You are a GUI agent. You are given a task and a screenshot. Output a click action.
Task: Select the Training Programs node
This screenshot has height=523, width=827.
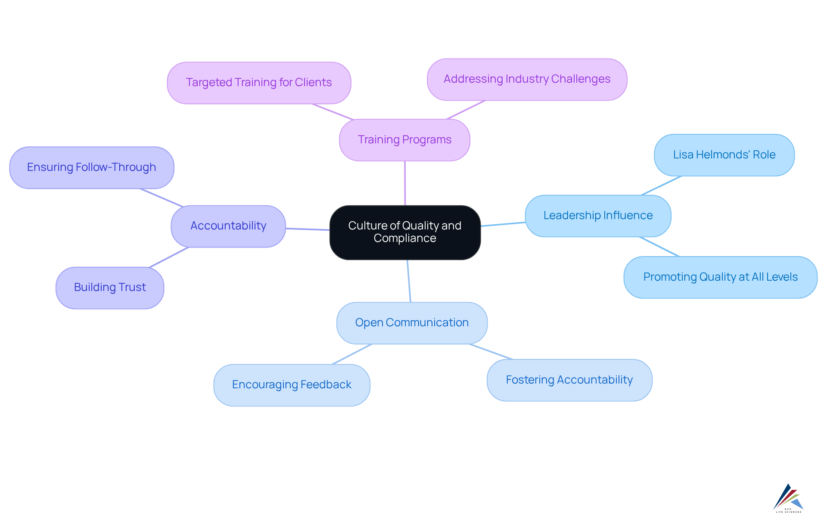pos(404,140)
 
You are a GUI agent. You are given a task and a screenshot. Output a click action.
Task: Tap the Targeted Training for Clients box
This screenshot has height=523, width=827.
pos(259,83)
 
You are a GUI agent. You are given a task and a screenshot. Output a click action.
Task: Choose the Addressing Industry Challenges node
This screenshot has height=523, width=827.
pos(527,79)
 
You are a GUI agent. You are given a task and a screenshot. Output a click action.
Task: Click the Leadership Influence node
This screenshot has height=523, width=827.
pos(598,216)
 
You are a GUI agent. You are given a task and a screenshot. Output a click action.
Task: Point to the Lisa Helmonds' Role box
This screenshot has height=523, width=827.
pos(724,155)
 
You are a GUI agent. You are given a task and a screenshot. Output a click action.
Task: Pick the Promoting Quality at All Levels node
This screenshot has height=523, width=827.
pos(720,277)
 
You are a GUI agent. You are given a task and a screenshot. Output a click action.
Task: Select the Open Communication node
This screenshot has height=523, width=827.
pos(412,323)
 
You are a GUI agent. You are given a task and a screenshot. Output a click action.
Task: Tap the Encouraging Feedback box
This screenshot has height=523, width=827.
pos(292,385)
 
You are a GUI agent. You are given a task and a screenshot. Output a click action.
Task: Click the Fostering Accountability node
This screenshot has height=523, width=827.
pos(569,380)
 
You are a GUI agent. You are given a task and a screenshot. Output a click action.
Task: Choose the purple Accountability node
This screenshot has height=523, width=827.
pos(228,226)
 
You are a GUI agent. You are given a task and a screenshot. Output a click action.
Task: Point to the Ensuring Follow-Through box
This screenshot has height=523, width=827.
pos(91,167)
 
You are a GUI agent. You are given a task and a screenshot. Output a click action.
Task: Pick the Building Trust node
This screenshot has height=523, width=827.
pos(110,288)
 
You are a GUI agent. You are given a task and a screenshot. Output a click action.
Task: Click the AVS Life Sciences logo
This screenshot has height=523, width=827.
pos(788,498)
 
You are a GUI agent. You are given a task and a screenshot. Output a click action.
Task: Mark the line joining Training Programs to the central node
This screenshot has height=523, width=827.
pos(405,183)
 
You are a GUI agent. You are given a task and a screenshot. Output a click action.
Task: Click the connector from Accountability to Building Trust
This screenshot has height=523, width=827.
pos(169,257)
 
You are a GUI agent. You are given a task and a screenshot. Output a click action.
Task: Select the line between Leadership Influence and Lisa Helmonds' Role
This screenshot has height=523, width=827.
pos(661,186)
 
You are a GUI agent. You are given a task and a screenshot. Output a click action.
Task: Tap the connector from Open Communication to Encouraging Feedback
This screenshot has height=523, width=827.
pos(351,354)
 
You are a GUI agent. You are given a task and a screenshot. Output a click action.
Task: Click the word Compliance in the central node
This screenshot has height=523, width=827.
pos(405,238)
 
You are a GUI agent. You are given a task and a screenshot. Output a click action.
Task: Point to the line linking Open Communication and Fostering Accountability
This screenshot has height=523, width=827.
pos(491,352)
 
